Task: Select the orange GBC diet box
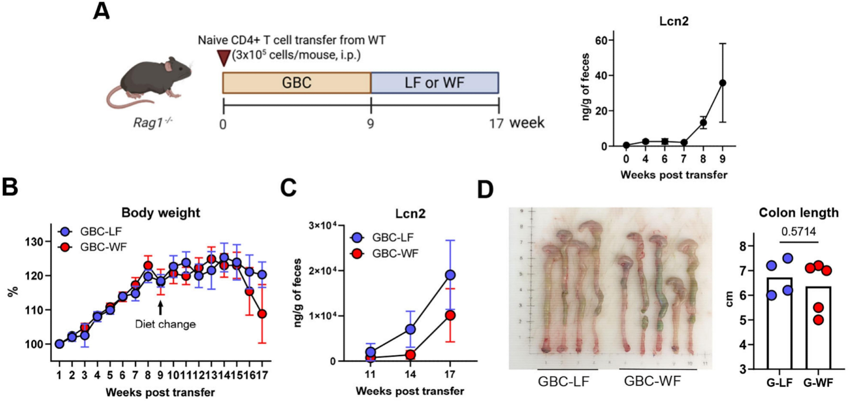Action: click(297, 83)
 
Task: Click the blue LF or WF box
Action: click(435, 83)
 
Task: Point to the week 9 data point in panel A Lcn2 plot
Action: click(722, 83)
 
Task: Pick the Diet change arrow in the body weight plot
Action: click(160, 308)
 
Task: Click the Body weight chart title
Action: click(160, 213)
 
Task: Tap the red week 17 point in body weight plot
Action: click(262, 314)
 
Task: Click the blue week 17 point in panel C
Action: click(450, 275)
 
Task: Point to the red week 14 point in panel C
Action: click(410, 355)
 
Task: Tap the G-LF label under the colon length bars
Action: click(779, 383)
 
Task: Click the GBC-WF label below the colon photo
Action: click(652, 381)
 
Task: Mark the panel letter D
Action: click(485, 189)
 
